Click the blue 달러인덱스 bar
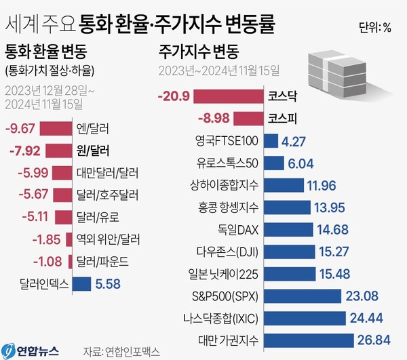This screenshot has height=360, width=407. (81, 285)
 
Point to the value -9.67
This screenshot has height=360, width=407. (20, 127)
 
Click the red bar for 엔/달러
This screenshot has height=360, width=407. (55, 127)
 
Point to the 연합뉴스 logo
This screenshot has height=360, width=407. (32, 349)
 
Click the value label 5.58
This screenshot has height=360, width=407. (109, 285)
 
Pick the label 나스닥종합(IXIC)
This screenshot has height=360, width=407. (225, 317)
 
